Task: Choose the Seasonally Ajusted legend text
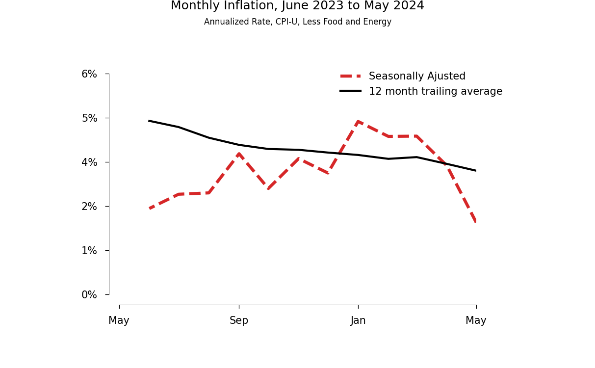coord(417,77)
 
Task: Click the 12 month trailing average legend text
coord(436,92)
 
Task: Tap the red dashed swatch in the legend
coord(350,76)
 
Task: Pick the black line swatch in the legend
coord(350,91)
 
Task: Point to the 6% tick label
coord(89,74)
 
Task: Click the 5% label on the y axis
coord(89,118)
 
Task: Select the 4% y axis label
coord(89,162)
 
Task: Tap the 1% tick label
coord(89,251)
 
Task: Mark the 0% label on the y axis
coord(89,295)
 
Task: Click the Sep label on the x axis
coord(239,321)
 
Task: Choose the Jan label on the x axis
coord(358,321)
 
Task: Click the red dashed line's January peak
coord(358,121)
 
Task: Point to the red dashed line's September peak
coord(239,153)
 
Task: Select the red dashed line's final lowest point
coord(476,222)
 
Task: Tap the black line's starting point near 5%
coord(149,121)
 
